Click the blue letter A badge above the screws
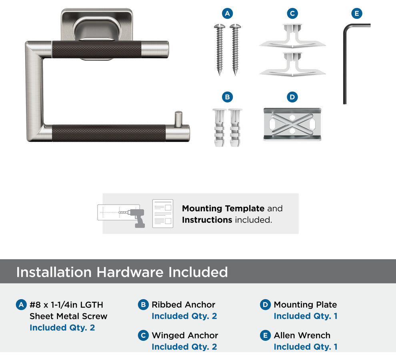coord(227,13)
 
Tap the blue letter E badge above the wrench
coord(357,13)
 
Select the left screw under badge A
coord(220,50)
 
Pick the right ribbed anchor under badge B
coord(235,128)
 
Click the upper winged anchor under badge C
coord(292,37)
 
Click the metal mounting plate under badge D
coord(292,124)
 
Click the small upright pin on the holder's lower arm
coord(178,118)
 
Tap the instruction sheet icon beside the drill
coord(163,214)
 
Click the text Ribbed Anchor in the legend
coord(183,304)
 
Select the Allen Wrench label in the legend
coord(302,335)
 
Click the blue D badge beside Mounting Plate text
coord(265,305)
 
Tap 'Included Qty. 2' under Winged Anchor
coord(184,347)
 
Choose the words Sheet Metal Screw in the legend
coord(68,316)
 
